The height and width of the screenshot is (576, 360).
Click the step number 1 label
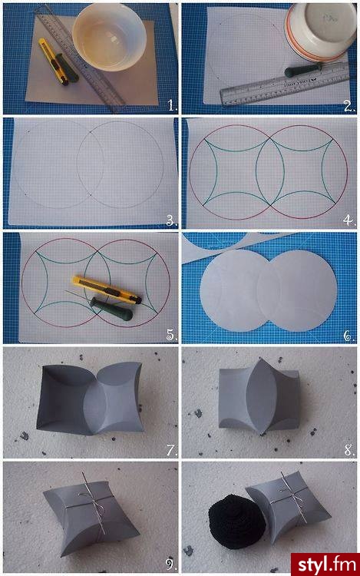pyautogui.click(x=173, y=105)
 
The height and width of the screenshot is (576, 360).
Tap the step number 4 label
pyautogui.click(x=349, y=220)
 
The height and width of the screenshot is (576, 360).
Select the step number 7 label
pyautogui.click(x=172, y=449)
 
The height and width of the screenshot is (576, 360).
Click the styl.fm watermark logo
pyautogui.click(x=325, y=564)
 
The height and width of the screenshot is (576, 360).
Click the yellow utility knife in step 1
pyautogui.click(x=53, y=61)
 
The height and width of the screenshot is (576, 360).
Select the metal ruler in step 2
pyautogui.click(x=285, y=85)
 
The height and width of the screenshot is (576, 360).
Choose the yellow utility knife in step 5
pyautogui.click(x=106, y=289)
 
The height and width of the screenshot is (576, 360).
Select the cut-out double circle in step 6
pyautogui.click(x=268, y=291)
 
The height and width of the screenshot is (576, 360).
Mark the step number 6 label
pyautogui.click(x=349, y=336)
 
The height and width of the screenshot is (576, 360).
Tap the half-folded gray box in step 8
pyautogui.click(x=259, y=397)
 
